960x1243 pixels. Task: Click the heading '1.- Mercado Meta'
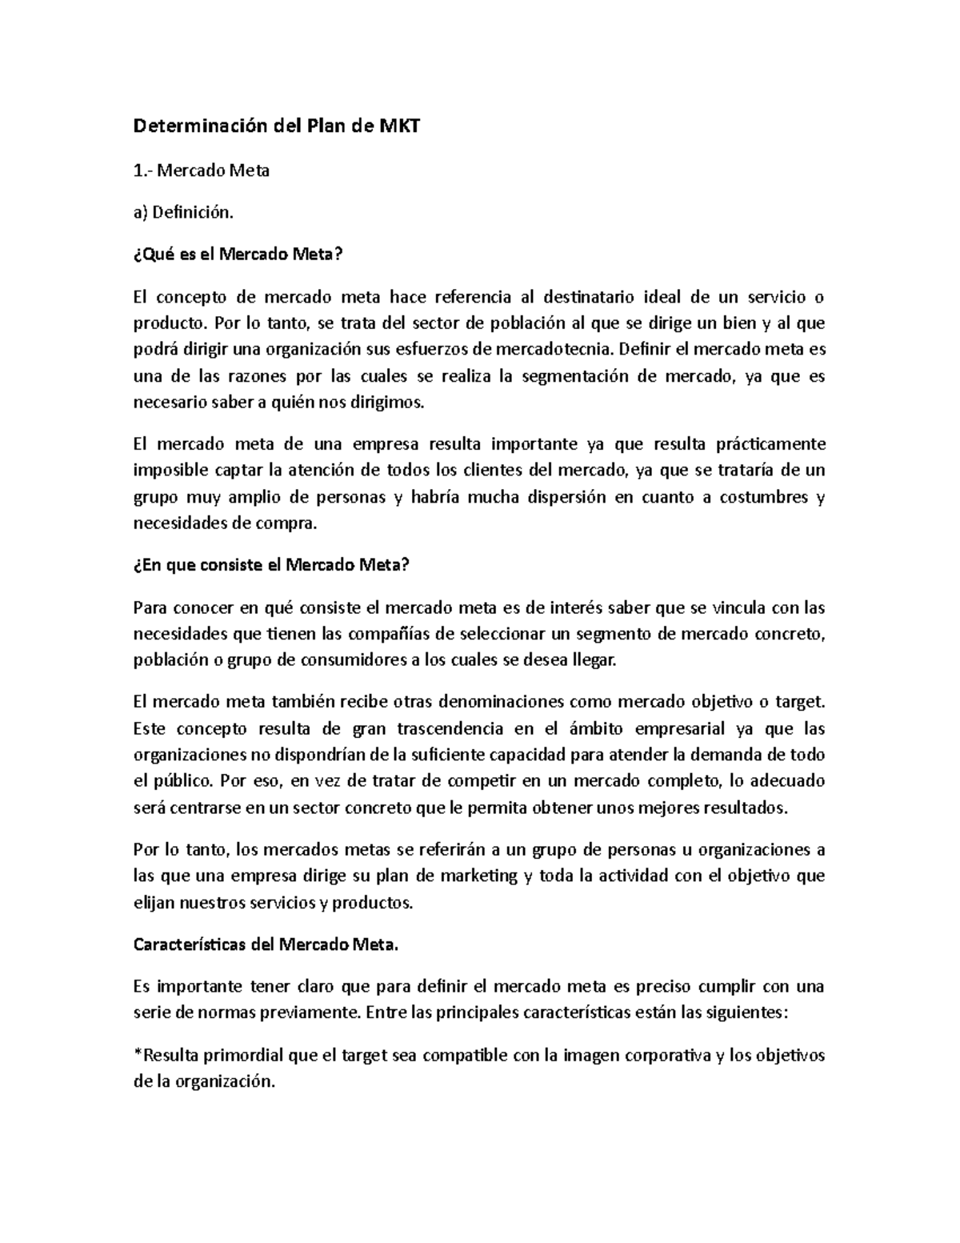pos(201,170)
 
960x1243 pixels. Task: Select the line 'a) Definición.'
pos(184,212)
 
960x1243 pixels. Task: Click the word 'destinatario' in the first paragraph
pos(589,297)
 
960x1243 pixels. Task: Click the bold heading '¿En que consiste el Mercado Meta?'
pos(271,565)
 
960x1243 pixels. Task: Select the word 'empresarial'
pos(678,729)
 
